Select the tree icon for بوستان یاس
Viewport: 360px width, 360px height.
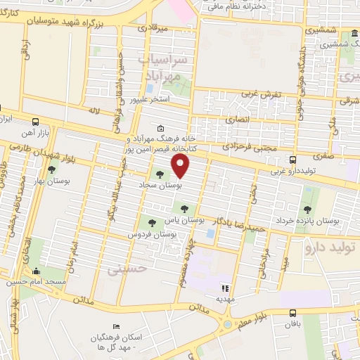pyautogui.click(x=184, y=208)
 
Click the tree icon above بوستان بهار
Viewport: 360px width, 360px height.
pyautogui.click(x=51, y=169)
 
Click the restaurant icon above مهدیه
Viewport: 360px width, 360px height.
pyautogui.click(x=225, y=288)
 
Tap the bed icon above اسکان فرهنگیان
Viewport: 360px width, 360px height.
pyautogui.click(x=117, y=327)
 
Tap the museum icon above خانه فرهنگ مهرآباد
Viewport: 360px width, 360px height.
pyautogui.click(x=161, y=128)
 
